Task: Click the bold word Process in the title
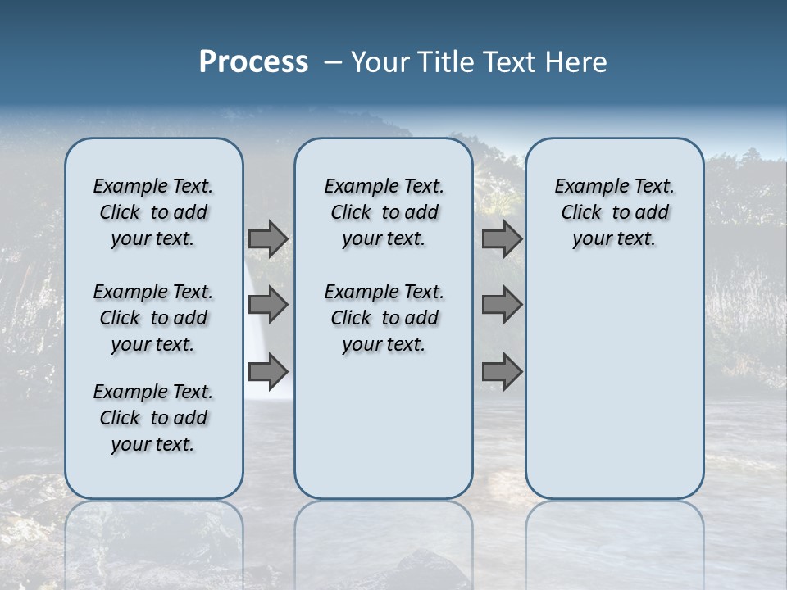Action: (253, 62)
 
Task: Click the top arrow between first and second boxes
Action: (268, 239)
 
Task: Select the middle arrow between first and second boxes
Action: (268, 306)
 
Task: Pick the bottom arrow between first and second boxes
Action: (268, 372)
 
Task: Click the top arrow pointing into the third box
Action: (502, 239)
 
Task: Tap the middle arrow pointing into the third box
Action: (502, 306)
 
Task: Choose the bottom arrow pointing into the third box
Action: (502, 372)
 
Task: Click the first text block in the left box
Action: (153, 212)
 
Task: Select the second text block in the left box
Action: (153, 318)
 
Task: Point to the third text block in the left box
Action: (153, 418)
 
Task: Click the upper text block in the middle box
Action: (384, 212)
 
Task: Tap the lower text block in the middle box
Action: (384, 318)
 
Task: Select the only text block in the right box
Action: (614, 212)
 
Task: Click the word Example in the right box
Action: (586, 187)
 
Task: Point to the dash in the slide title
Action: (333, 62)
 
